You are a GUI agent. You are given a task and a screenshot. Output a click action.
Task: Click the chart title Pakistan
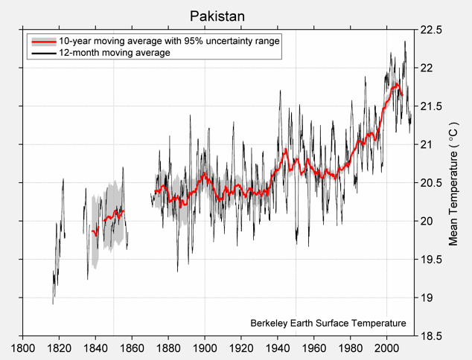(217, 16)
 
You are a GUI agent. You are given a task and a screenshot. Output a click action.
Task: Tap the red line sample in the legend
(42, 42)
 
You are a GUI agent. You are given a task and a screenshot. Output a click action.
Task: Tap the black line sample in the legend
(42, 53)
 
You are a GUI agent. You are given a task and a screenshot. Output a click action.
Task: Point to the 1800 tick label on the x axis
(22, 347)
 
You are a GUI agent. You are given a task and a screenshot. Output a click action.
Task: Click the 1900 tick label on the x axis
(205, 347)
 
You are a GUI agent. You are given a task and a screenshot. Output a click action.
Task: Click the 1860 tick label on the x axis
(132, 347)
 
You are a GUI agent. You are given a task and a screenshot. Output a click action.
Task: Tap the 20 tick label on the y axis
(426, 222)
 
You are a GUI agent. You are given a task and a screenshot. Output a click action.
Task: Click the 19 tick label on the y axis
(426, 298)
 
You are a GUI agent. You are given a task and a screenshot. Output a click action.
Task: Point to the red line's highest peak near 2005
(397, 85)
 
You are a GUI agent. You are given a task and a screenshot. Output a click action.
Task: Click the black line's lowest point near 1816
(53, 303)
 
